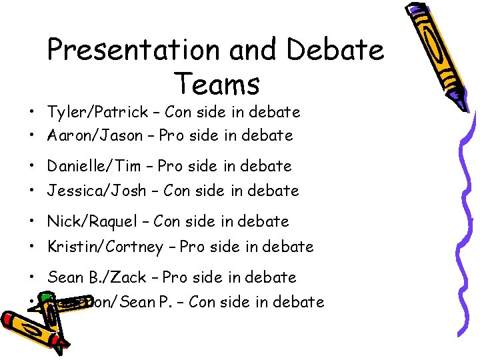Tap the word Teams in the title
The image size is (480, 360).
coord(217,84)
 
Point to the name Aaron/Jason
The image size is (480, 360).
coord(95,135)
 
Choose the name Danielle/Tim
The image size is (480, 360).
coord(95,166)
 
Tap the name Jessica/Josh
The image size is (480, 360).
coord(96,191)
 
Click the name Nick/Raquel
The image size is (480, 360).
coord(93,221)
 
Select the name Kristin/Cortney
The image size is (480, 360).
coord(105,247)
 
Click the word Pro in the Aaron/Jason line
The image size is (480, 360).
coord(172,135)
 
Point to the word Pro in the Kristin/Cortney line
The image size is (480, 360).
coord(192,247)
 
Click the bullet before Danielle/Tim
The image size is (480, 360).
coord(32,167)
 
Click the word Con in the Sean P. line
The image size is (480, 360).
coord(202,302)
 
